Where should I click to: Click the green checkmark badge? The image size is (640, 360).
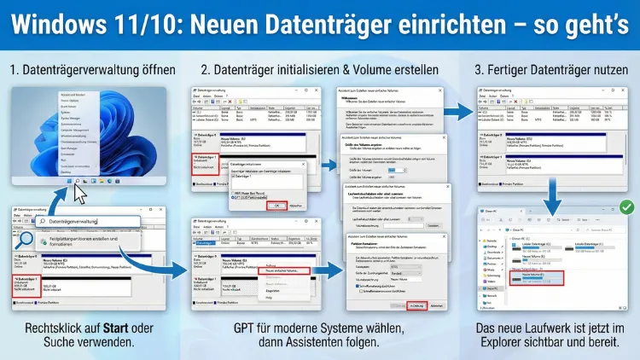tap(625, 207)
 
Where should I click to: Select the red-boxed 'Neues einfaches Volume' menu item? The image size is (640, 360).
tap(286, 270)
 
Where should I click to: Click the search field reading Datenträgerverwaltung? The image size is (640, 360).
tap(77, 222)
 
